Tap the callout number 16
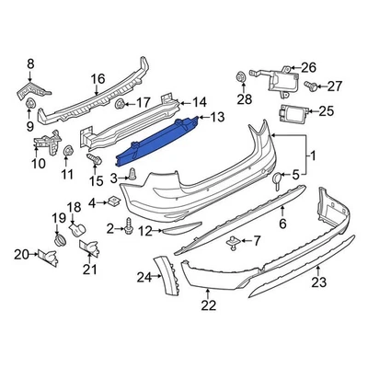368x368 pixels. [98, 79]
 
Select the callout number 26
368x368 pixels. [308, 67]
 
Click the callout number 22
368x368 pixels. [209, 306]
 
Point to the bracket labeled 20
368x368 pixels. [47, 254]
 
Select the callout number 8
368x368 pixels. [30, 63]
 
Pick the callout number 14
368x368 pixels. [200, 102]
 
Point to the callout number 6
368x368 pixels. [282, 224]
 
